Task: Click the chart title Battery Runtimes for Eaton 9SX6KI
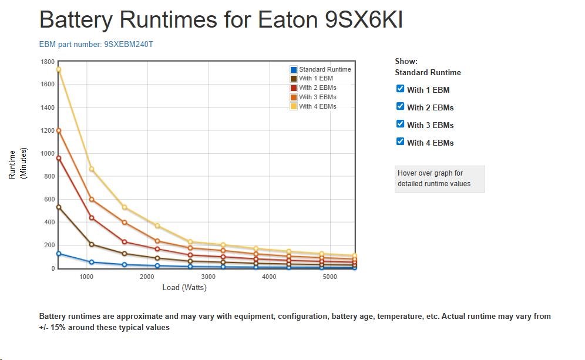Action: [221, 20]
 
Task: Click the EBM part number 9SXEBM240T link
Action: [96, 44]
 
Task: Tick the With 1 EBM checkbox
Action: [401, 89]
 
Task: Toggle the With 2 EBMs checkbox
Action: [401, 106]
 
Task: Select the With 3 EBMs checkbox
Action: [401, 124]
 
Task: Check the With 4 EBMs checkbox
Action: [401, 142]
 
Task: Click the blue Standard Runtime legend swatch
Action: [294, 70]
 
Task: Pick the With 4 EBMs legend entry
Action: [317, 106]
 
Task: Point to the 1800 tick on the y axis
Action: [48, 62]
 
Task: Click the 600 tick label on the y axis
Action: [49, 199]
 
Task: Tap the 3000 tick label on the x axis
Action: [209, 277]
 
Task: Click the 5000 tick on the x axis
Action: [330, 277]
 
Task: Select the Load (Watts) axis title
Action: [184, 288]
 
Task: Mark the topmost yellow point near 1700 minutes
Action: [58, 70]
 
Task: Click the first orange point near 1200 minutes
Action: [58, 130]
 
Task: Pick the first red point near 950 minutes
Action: [58, 158]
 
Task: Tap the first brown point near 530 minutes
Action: [58, 207]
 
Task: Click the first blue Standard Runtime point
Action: [58, 254]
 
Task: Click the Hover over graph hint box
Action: [439, 179]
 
